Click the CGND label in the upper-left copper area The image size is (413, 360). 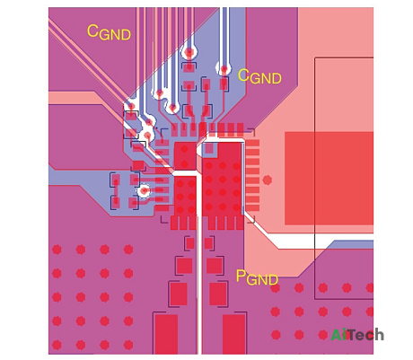point(109,32)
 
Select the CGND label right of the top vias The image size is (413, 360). point(259,76)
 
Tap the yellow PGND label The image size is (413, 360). point(257,277)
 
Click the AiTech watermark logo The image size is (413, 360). point(357,335)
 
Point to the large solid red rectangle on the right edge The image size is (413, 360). point(329,179)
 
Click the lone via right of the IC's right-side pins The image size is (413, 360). point(268,180)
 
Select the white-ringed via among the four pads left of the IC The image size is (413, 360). point(145,190)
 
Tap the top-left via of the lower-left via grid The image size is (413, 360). point(57,250)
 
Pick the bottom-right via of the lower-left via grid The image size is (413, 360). point(128,345)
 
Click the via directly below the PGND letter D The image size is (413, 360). point(275,288)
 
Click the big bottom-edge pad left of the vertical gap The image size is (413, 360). point(167,334)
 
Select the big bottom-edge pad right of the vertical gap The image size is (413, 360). point(234,334)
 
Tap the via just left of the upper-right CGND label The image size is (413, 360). point(224,70)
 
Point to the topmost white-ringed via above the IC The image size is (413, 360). point(189,53)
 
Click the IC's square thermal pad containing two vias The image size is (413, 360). point(185,156)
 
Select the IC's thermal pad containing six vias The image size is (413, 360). point(185,196)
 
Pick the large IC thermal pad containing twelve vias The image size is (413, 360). point(222,179)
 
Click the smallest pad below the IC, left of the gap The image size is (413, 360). point(189,243)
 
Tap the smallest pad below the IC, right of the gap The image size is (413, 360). point(208,243)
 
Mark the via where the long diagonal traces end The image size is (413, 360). point(131,106)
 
